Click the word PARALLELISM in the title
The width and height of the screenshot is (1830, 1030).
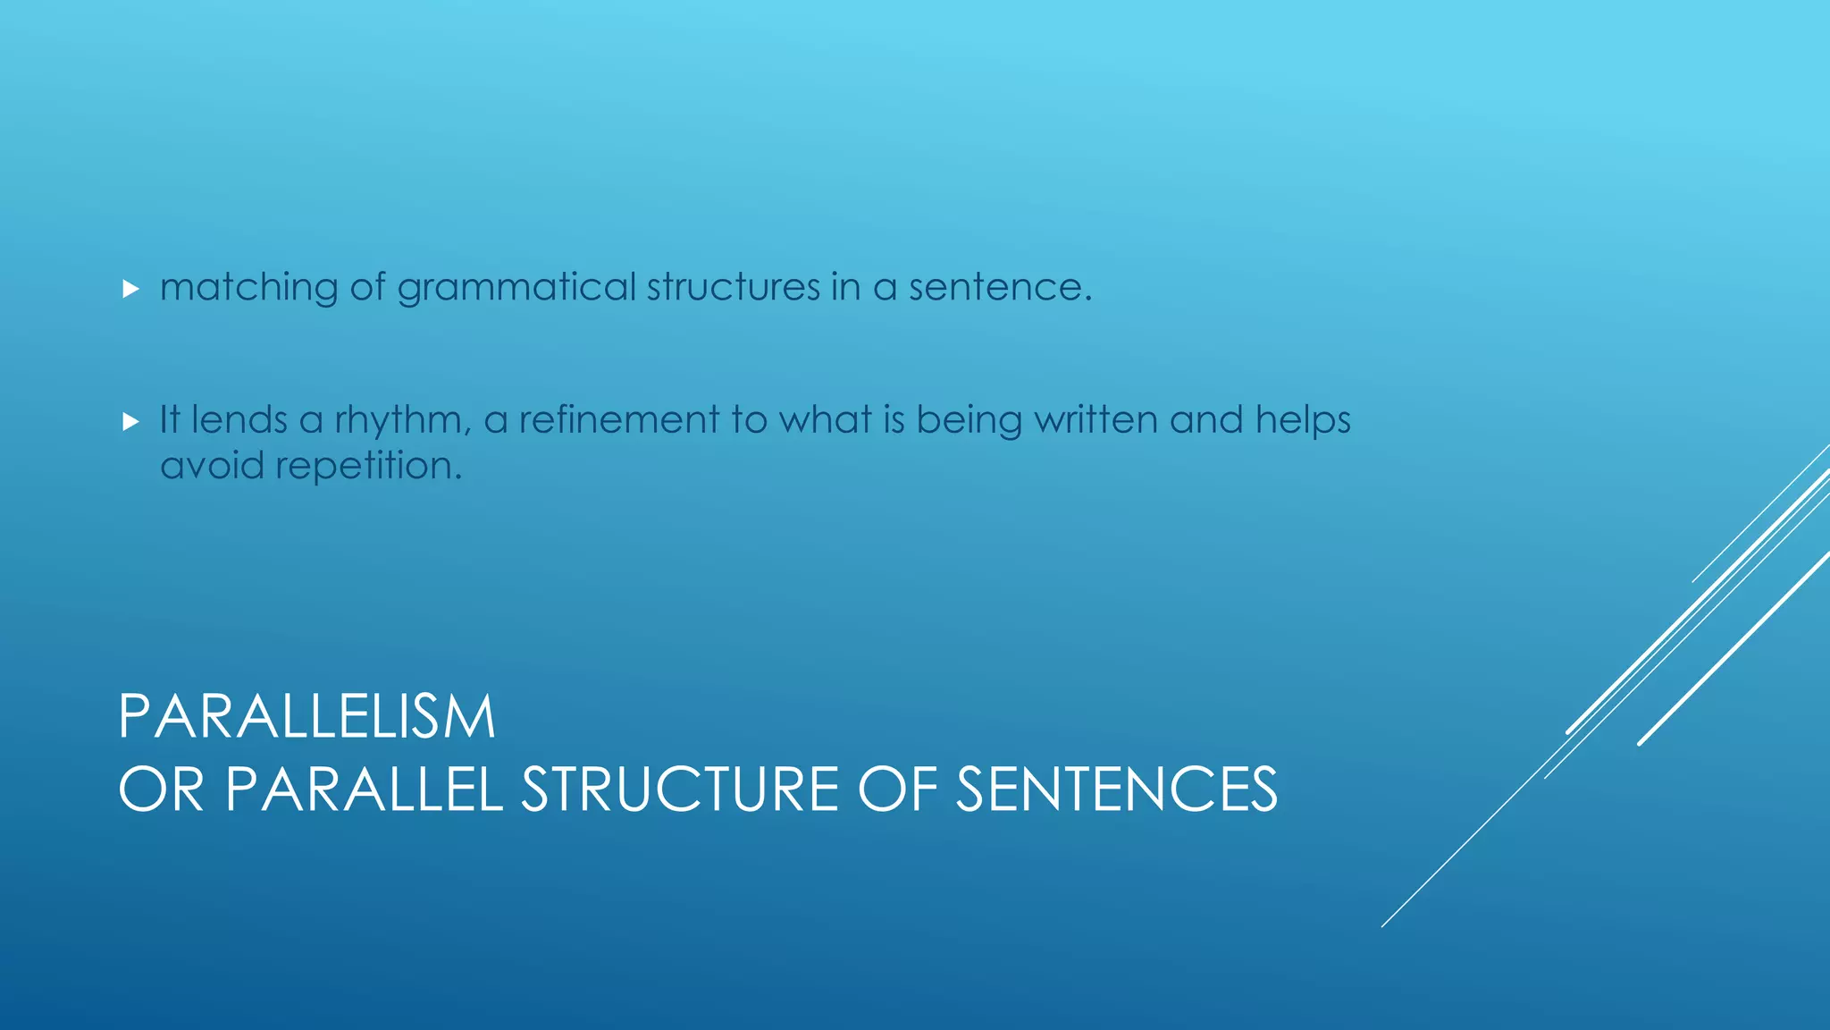pos(306,717)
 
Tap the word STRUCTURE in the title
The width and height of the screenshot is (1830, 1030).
pos(680,789)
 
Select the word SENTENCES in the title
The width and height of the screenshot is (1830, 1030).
pos(1116,789)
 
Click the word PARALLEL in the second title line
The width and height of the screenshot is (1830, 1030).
pos(364,789)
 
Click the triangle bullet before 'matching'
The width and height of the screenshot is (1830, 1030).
pos(130,289)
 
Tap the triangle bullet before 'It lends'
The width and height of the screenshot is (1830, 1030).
pos(130,421)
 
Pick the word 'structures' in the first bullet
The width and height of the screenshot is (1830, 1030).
pos(733,287)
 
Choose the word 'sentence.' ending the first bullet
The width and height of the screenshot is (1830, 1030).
pos(1000,287)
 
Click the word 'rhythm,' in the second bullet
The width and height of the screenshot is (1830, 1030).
pos(403,420)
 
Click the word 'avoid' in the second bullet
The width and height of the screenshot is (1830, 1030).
pos(211,465)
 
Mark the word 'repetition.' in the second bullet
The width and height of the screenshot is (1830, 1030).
pos(368,466)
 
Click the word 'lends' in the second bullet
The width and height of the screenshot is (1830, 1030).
pos(239,419)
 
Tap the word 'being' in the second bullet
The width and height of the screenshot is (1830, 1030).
pos(969,420)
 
